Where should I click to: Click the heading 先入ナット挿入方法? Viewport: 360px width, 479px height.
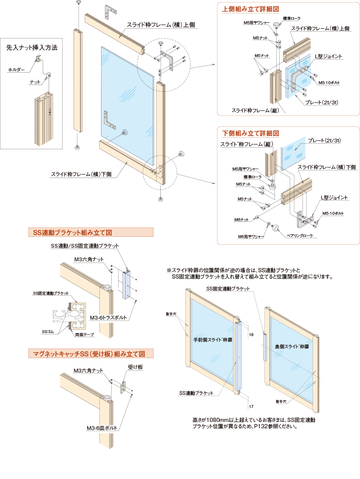point(31,48)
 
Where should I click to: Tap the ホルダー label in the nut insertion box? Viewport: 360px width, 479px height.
point(16,69)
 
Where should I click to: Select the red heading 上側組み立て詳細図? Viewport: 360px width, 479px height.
point(250,8)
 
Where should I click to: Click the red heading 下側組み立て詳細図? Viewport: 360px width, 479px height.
point(250,133)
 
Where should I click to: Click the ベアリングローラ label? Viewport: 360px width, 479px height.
point(300,235)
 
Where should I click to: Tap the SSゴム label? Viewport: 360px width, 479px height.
point(47,331)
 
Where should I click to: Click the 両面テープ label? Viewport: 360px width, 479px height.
point(85,335)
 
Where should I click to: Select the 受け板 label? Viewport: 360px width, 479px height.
point(135,367)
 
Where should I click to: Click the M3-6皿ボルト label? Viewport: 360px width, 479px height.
point(102,428)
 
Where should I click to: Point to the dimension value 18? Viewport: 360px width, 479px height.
point(250,334)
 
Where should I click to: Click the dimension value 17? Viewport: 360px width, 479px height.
point(251,406)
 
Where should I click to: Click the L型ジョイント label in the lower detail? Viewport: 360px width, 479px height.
point(334,197)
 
